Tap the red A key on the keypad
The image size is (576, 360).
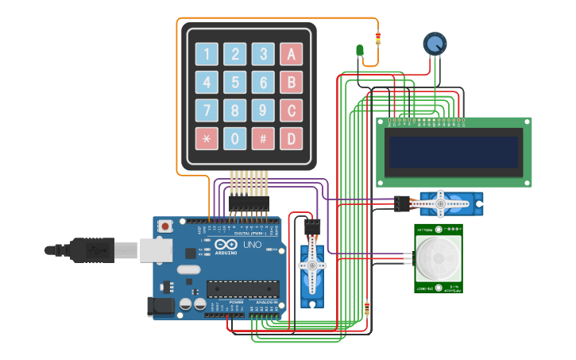coord(291,54)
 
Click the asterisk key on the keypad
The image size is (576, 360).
coord(207,138)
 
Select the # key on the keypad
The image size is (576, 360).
coord(263,138)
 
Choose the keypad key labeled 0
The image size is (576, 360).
coord(235,138)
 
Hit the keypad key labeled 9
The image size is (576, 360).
coord(263,110)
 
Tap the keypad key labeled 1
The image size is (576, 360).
coord(207,54)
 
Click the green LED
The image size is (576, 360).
coord(360,52)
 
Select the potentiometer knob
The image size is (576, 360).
coord(435,44)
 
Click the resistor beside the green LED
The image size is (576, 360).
coord(377,39)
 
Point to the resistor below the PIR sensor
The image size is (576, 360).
coord(366,308)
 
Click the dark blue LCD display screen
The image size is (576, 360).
coord(453,152)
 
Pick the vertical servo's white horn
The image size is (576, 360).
coord(312,265)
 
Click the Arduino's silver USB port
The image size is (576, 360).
coord(157,250)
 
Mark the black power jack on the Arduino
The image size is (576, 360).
coord(160,307)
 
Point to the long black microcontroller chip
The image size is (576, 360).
coord(242,291)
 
